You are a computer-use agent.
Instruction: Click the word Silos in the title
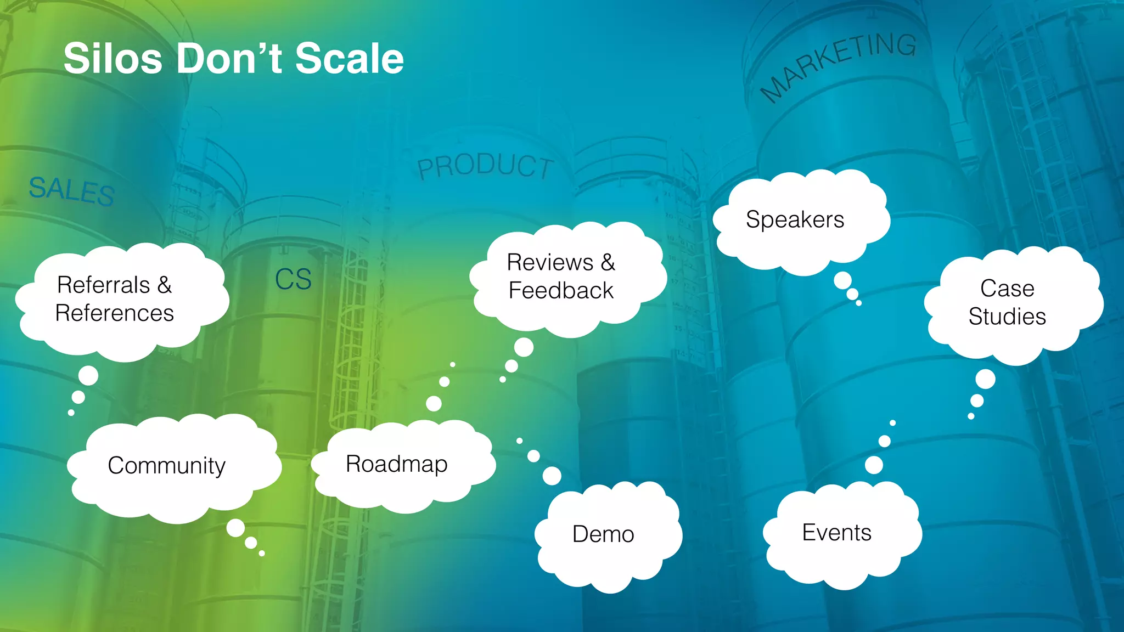point(113,59)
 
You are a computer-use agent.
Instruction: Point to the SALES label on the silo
point(72,190)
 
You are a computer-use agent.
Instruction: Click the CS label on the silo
point(293,279)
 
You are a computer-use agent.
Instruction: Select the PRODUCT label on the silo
point(485,166)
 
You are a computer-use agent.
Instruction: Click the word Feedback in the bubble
point(561,291)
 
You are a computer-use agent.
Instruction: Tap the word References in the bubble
point(115,313)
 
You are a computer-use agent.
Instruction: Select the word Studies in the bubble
point(1008,317)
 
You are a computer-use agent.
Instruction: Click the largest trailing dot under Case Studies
point(985,379)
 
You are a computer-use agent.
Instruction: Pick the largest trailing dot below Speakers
point(842,281)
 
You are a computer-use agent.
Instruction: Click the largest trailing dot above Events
point(874,465)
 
